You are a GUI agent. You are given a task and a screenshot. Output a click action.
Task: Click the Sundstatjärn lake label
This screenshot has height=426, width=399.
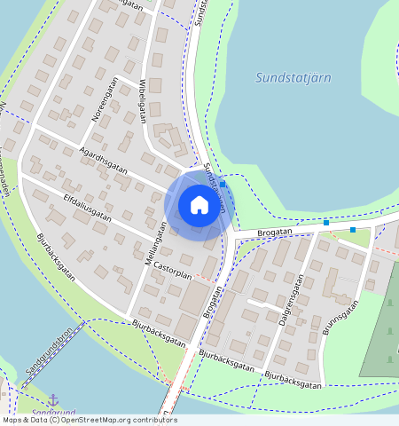[293, 77]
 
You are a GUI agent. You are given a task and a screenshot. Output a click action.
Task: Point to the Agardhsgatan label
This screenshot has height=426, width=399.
[103, 160]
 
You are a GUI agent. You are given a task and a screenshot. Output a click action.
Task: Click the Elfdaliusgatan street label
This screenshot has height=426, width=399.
[87, 204]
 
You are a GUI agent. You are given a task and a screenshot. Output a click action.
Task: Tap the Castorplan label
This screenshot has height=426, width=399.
[172, 265]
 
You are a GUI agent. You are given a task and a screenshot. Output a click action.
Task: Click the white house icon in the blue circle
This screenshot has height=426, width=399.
[199, 205]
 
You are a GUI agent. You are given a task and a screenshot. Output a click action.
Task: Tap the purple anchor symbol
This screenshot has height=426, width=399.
[52, 400]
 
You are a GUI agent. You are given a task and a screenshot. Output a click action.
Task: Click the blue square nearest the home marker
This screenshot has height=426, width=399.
[223, 184]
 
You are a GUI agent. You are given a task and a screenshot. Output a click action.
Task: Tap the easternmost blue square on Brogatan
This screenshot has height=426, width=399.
[353, 230]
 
